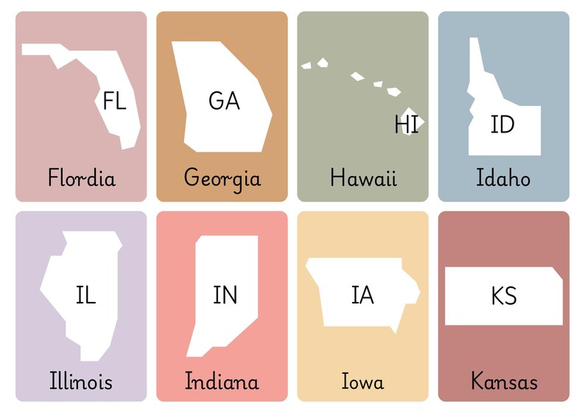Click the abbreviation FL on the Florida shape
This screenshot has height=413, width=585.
point(114,101)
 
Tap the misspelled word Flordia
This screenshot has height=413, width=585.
point(81,177)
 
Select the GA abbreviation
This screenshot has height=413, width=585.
point(224,101)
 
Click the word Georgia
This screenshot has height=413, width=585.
point(222,178)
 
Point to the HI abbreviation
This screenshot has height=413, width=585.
point(406,124)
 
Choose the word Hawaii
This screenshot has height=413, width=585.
point(363,177)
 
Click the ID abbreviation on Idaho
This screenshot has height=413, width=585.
point(502,125)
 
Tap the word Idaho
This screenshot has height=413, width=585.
point(503,177)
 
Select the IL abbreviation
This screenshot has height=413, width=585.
point(85,295)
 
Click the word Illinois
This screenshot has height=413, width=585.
point(81,381)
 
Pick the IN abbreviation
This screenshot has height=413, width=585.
point(225,295)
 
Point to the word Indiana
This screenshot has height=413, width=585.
point(222,381)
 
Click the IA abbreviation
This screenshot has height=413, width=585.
point(362,295)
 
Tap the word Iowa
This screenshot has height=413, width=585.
point(362,381)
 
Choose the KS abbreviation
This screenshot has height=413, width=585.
point(504,296)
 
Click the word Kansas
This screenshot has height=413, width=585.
point(504,381)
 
